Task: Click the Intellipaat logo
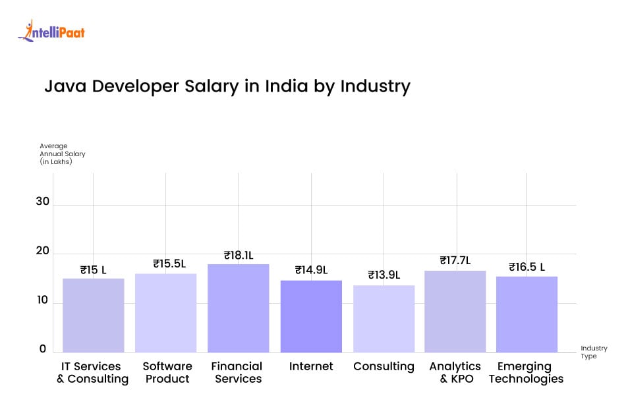coord(51,31)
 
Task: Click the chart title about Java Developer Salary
coord(227,86)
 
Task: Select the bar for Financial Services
coord(238,308)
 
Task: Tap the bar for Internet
coord(311,316)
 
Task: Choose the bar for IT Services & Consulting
coord(93,315)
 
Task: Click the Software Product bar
coord(165,313)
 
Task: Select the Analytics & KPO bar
coord(455,311)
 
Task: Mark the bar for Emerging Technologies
coord(526,314)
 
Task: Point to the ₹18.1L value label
coord(239,255)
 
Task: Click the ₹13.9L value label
coord(384,275)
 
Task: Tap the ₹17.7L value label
coord(455,261)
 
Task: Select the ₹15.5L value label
coord(169,264)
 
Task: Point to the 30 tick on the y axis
coord(43,202)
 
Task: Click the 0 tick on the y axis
coord(42,349)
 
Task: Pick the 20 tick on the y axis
coord(43,251)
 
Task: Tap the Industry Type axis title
coord(594,352)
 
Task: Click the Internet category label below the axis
coord(311,366)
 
